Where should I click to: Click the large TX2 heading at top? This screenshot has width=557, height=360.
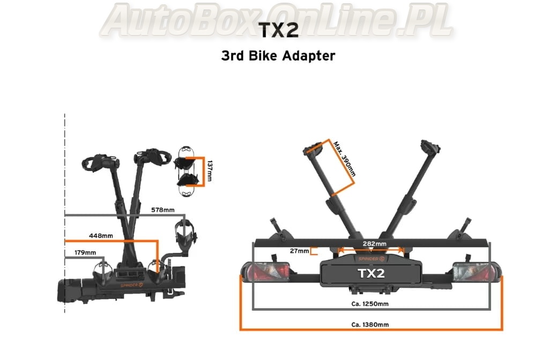point(278,31)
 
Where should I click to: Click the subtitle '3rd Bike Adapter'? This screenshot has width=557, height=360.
point(278,56)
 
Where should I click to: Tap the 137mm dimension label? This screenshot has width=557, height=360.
point(210,170)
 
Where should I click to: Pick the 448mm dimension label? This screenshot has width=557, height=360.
point(101,236)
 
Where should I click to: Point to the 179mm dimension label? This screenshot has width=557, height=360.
point(85,252)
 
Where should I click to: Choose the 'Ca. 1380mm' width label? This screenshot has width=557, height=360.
point(370,324)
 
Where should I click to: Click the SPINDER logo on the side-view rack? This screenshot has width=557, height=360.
point(132,284)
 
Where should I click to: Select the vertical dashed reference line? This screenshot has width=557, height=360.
point(65,214)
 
